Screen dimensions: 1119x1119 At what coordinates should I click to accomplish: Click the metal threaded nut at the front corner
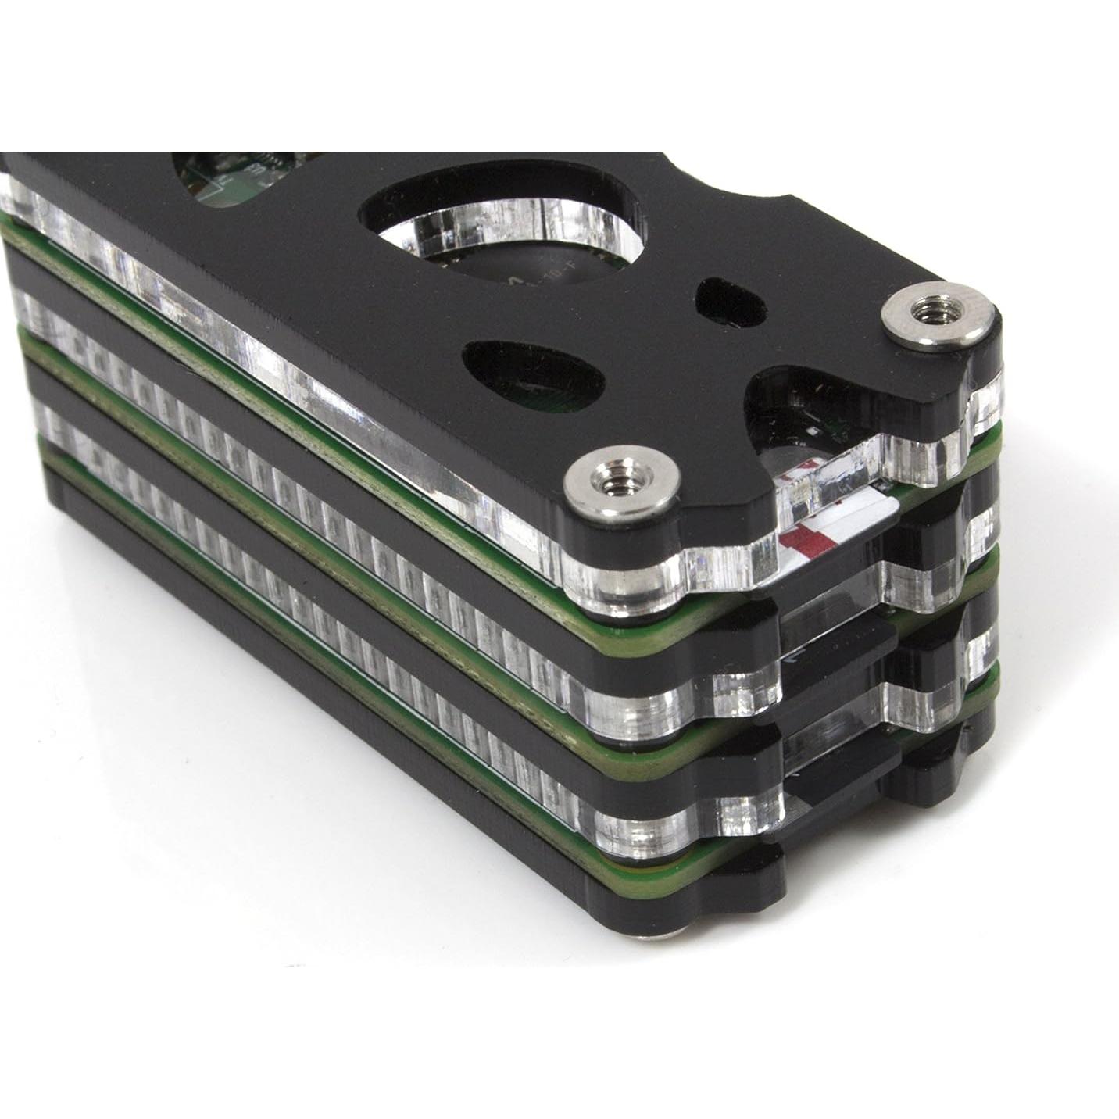click(622, 488)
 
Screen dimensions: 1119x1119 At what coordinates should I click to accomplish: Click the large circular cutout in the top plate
click(500, 234)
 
